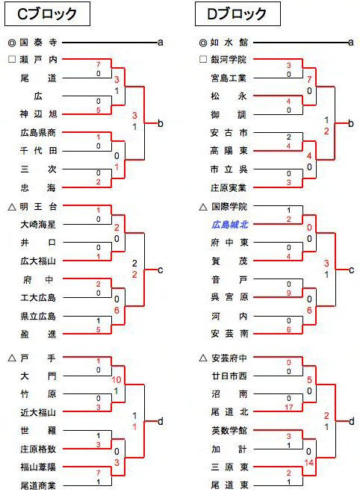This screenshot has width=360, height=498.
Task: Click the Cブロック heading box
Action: (47, 14)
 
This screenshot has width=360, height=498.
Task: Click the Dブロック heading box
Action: (238, 14)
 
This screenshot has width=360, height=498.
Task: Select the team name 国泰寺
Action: (38, 43)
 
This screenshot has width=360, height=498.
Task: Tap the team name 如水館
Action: (229, 43)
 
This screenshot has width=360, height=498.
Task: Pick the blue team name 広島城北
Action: (230, 225)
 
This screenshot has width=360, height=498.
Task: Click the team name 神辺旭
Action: (38, 114)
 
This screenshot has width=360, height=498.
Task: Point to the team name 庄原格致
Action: (38, 449)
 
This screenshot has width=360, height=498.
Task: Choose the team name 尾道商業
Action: (38, 485)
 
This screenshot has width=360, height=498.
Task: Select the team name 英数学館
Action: (229, 430)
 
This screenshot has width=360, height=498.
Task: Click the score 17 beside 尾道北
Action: (288, 407)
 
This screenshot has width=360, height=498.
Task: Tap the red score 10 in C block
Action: (117, 380)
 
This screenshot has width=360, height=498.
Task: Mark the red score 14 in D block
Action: (309, 462)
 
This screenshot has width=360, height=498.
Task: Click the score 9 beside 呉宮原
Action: (288, 293)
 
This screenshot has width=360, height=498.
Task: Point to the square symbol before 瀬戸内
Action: (12, 60)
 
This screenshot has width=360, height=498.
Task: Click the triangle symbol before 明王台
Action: (12, 207)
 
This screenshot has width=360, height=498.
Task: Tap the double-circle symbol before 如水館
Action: (202, 43)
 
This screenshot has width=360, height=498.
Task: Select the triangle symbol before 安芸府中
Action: (202, 358)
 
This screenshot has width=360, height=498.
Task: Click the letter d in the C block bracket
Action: (161, 421)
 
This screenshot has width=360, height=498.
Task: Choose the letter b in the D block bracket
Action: (351, 123)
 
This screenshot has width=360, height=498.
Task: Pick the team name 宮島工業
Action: (229, 78)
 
